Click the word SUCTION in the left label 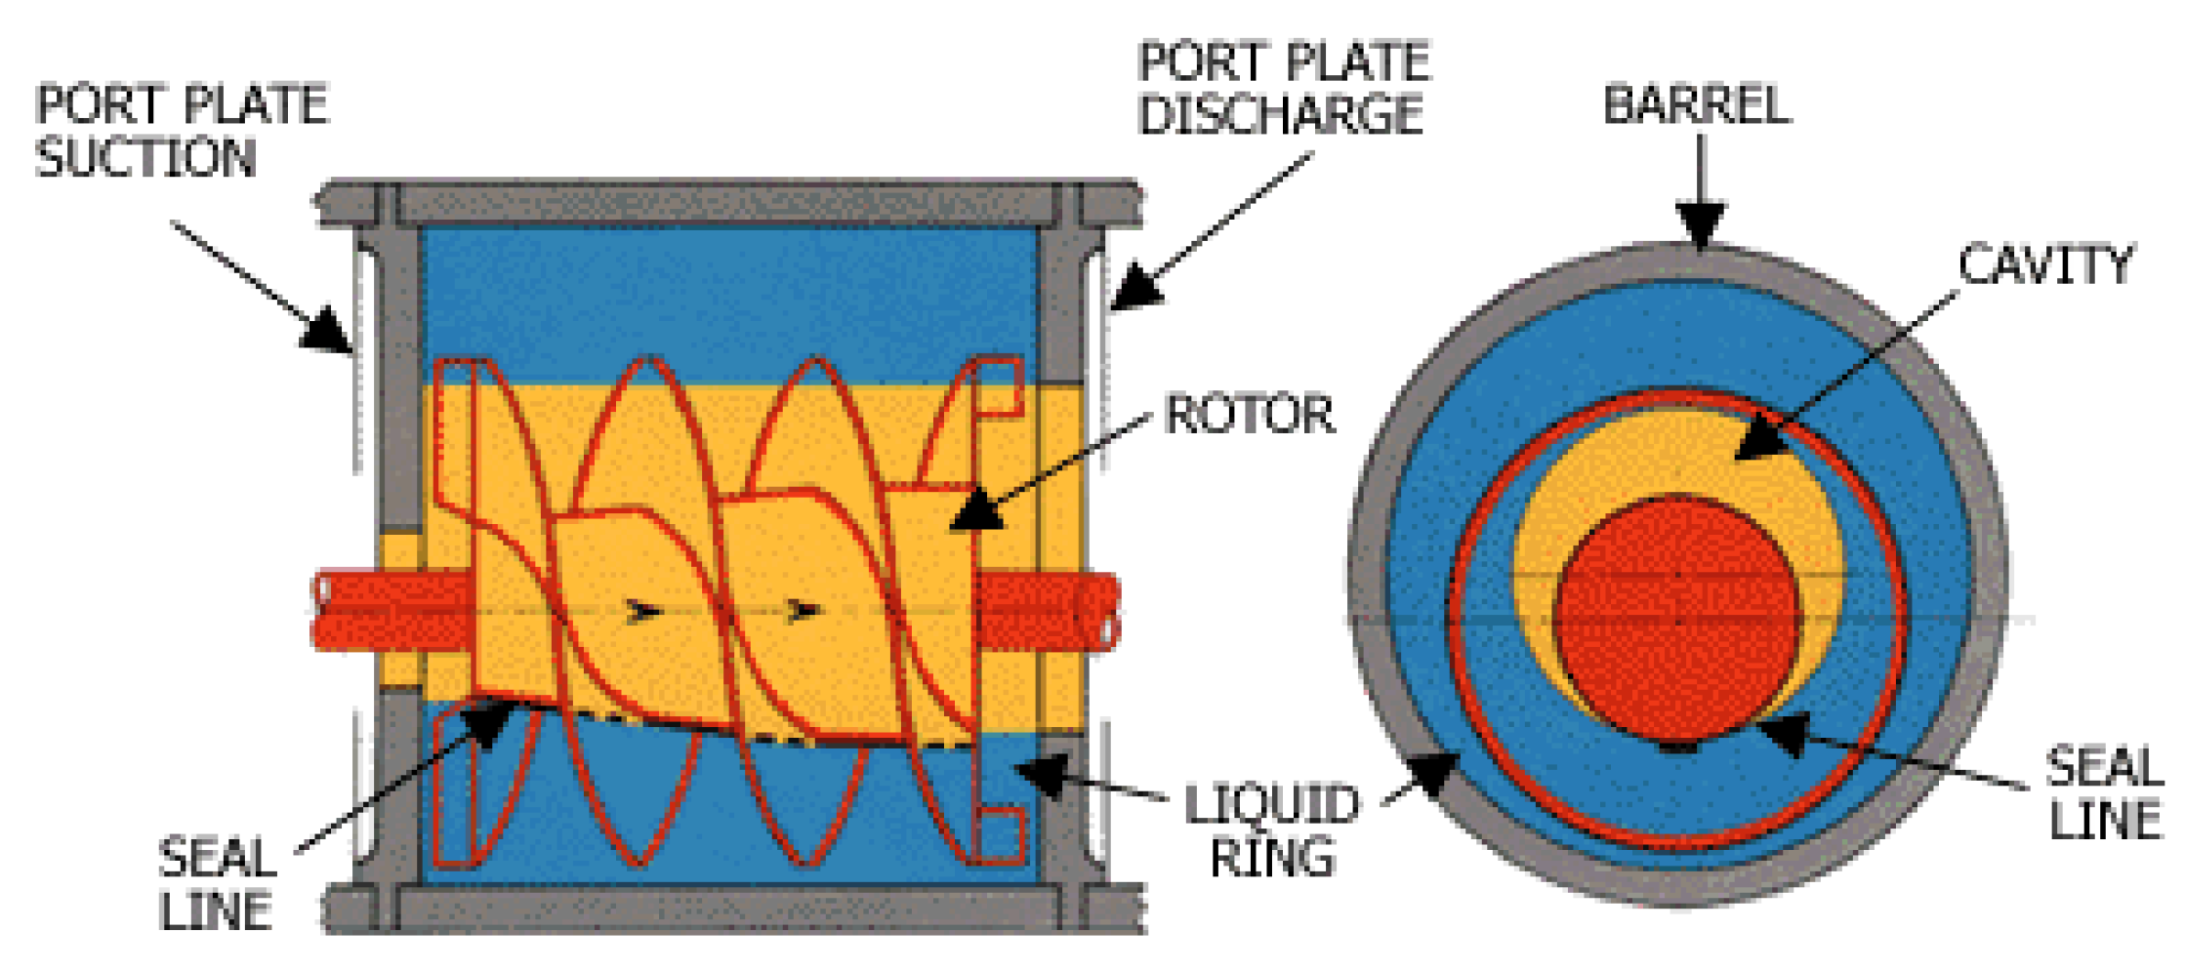tap(145, 158)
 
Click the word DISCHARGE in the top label tap(1280, 114)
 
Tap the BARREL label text tap(1697, 104)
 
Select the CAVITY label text tap(2046, 264)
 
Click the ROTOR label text tap(1249, 414)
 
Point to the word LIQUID tap(1271, 805)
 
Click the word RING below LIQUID tap(1271, 858)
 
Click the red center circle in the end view tap(1676, 621)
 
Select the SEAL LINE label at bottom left tap(217, 884)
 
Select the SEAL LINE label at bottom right tap(2103, 792)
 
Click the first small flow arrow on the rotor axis tap(642, 612)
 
